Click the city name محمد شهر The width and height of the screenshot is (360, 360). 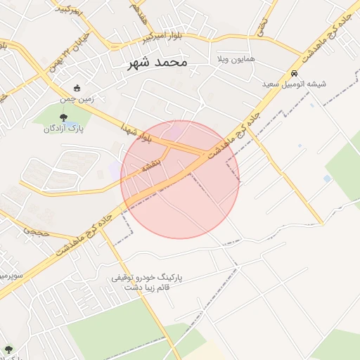tap(158, 63)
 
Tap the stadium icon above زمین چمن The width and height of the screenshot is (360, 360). tap(77, 89)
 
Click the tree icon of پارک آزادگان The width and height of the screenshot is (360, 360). tap(64, 117)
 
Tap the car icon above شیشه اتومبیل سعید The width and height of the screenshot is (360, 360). tap(295, 73)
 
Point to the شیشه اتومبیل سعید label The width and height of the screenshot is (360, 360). tap(295, 84)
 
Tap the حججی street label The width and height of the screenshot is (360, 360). tap(35, 230)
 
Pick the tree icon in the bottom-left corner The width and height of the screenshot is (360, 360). tap(8, 349)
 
